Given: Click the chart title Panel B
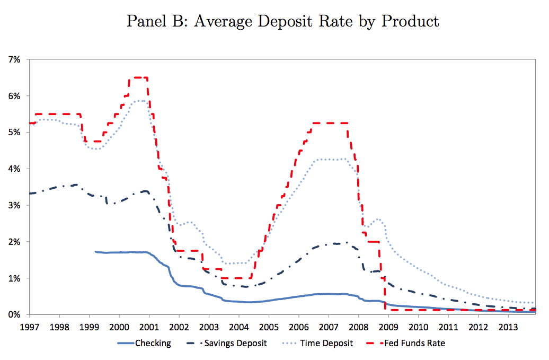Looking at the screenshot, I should (x=283, y=21).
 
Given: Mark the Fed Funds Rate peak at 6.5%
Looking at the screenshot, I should (x=138, y=77).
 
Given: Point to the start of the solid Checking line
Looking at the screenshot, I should (x=95, y=252).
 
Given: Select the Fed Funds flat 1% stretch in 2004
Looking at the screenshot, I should (x=236, y=278).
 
